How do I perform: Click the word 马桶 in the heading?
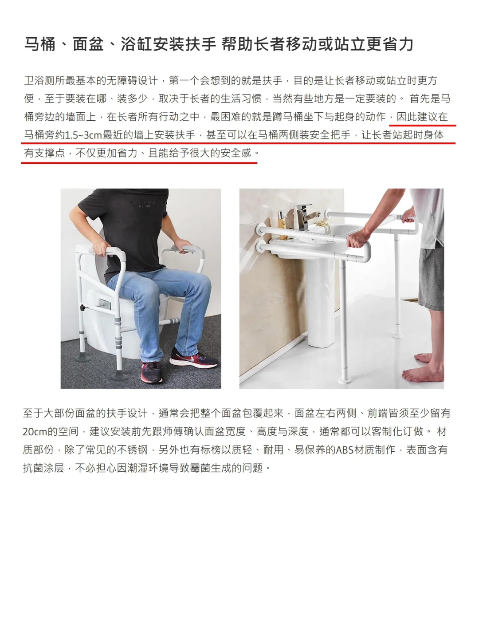point(40,44)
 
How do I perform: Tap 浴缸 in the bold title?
point(137,44)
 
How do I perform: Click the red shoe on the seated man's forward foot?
point(151,372)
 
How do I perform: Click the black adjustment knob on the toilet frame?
point(82,308)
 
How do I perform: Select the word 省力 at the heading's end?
point(397,44)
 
